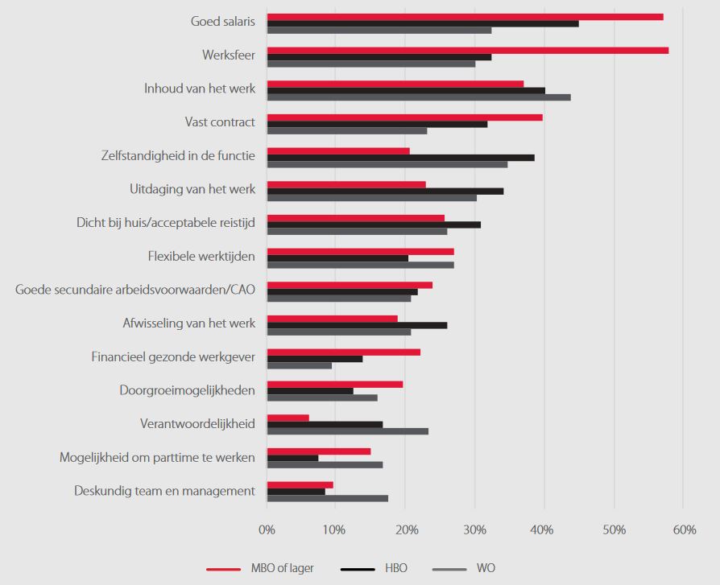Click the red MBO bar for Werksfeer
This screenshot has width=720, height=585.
coord(467,50)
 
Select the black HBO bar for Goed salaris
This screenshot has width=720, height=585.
coord(423,23)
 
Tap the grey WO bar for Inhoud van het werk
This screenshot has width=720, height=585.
coord(419,97)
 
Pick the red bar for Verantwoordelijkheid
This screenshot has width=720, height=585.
coord(288,418)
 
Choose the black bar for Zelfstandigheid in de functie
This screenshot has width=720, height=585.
coord(400,158)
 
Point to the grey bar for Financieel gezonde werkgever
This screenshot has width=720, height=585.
coord(299,365)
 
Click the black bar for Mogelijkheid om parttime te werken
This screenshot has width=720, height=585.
coord(292,458)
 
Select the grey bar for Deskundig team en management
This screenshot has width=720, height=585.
coord(327,498)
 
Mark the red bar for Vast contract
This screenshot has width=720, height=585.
coord(404,117)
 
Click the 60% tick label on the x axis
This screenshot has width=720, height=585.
coord(683,530)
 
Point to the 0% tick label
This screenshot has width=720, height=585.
coord(267,530)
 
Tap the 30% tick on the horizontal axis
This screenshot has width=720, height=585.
coord(474,530)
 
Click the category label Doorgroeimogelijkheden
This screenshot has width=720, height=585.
coord(187,390)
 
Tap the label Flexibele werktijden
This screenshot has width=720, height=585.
coord(201,257)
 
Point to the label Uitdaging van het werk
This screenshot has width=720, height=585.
coord(192,190)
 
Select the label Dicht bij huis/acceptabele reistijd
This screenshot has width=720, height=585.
coord(166,223)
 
